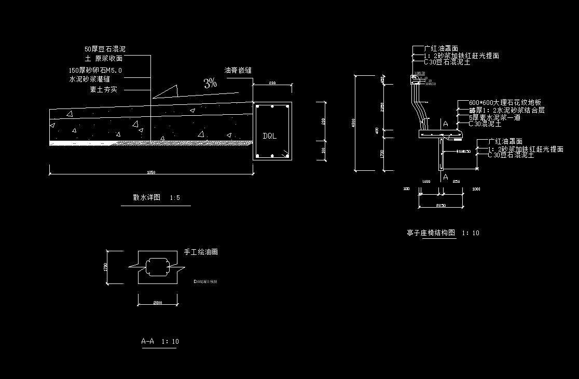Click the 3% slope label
pos(210,83)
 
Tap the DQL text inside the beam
pos(270,136)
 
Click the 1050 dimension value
pos(151,172)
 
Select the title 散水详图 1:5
pos(156,198)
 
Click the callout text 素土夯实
pos(104,90)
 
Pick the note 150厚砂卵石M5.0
pos(95,70)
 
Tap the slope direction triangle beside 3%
pos(166,92)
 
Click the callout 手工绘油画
pos(201,252)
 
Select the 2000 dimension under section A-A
pos(157,302)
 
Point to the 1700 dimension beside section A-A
pos(106,267)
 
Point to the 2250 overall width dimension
pos(442,206)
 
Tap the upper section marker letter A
pos(445,124)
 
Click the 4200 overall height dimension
pos(353,123)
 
